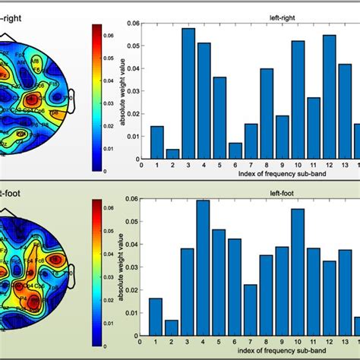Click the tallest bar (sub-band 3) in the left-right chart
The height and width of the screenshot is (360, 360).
click(x=188, y=91)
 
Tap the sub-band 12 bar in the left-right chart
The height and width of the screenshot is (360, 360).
click(x=329, y=95)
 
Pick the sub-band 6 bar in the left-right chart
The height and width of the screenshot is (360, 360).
click(x=235, y=149)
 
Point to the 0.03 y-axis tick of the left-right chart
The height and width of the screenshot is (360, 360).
click(x=133, y=89)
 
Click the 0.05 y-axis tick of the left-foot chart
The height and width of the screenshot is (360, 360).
click(x=133, y=221)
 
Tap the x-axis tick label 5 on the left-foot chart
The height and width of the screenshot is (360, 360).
click(x=219, y=341)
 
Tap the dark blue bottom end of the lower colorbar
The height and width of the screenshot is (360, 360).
click(x=96, y=342)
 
